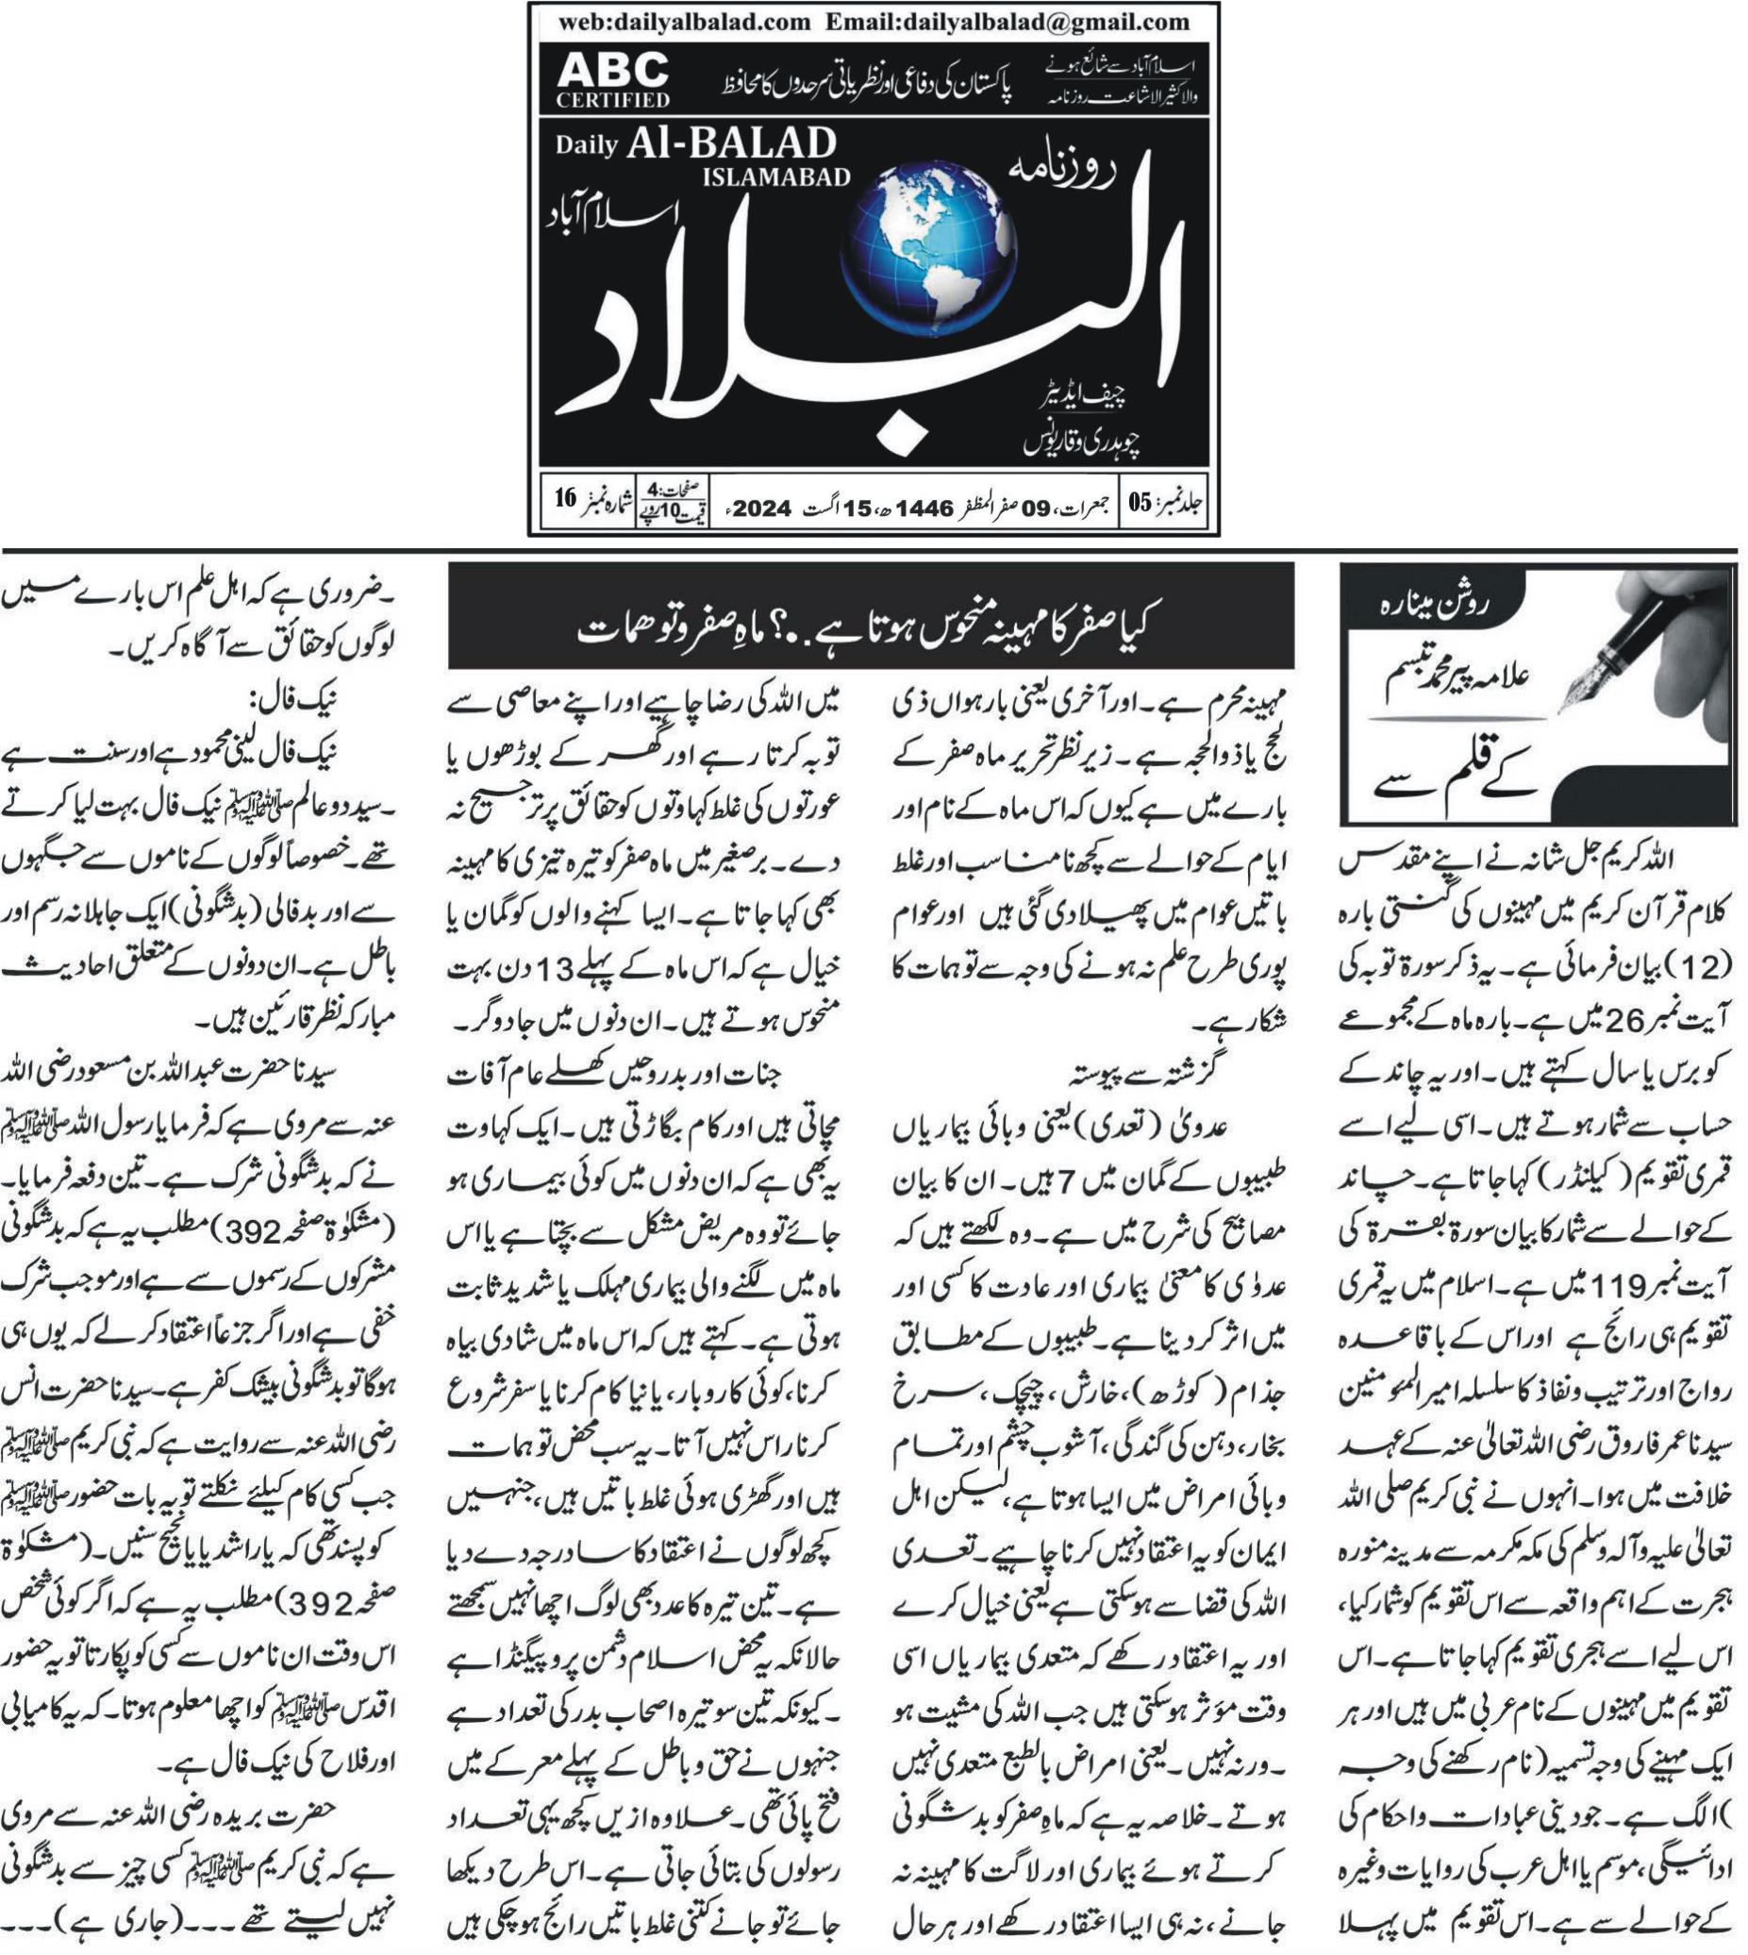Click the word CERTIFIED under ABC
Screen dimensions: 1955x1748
click(x=612, y=99)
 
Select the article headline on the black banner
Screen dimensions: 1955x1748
click(x=870, y=630)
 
